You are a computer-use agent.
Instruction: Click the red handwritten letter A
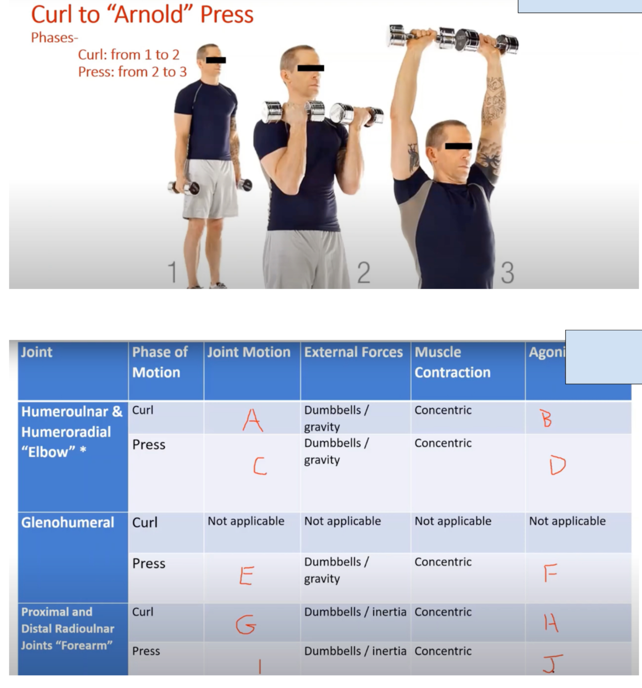253,420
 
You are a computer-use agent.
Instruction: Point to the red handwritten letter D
557,465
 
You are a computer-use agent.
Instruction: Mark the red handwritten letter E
247,576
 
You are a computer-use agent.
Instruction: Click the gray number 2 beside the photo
364,273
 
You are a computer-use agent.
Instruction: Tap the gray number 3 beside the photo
507,273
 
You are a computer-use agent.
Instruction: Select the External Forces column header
353,352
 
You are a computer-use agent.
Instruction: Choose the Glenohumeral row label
68,523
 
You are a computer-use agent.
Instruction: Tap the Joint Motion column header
249,352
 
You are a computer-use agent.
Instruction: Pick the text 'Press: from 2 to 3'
132,72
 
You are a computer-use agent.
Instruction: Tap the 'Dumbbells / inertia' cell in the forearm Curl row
355,612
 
